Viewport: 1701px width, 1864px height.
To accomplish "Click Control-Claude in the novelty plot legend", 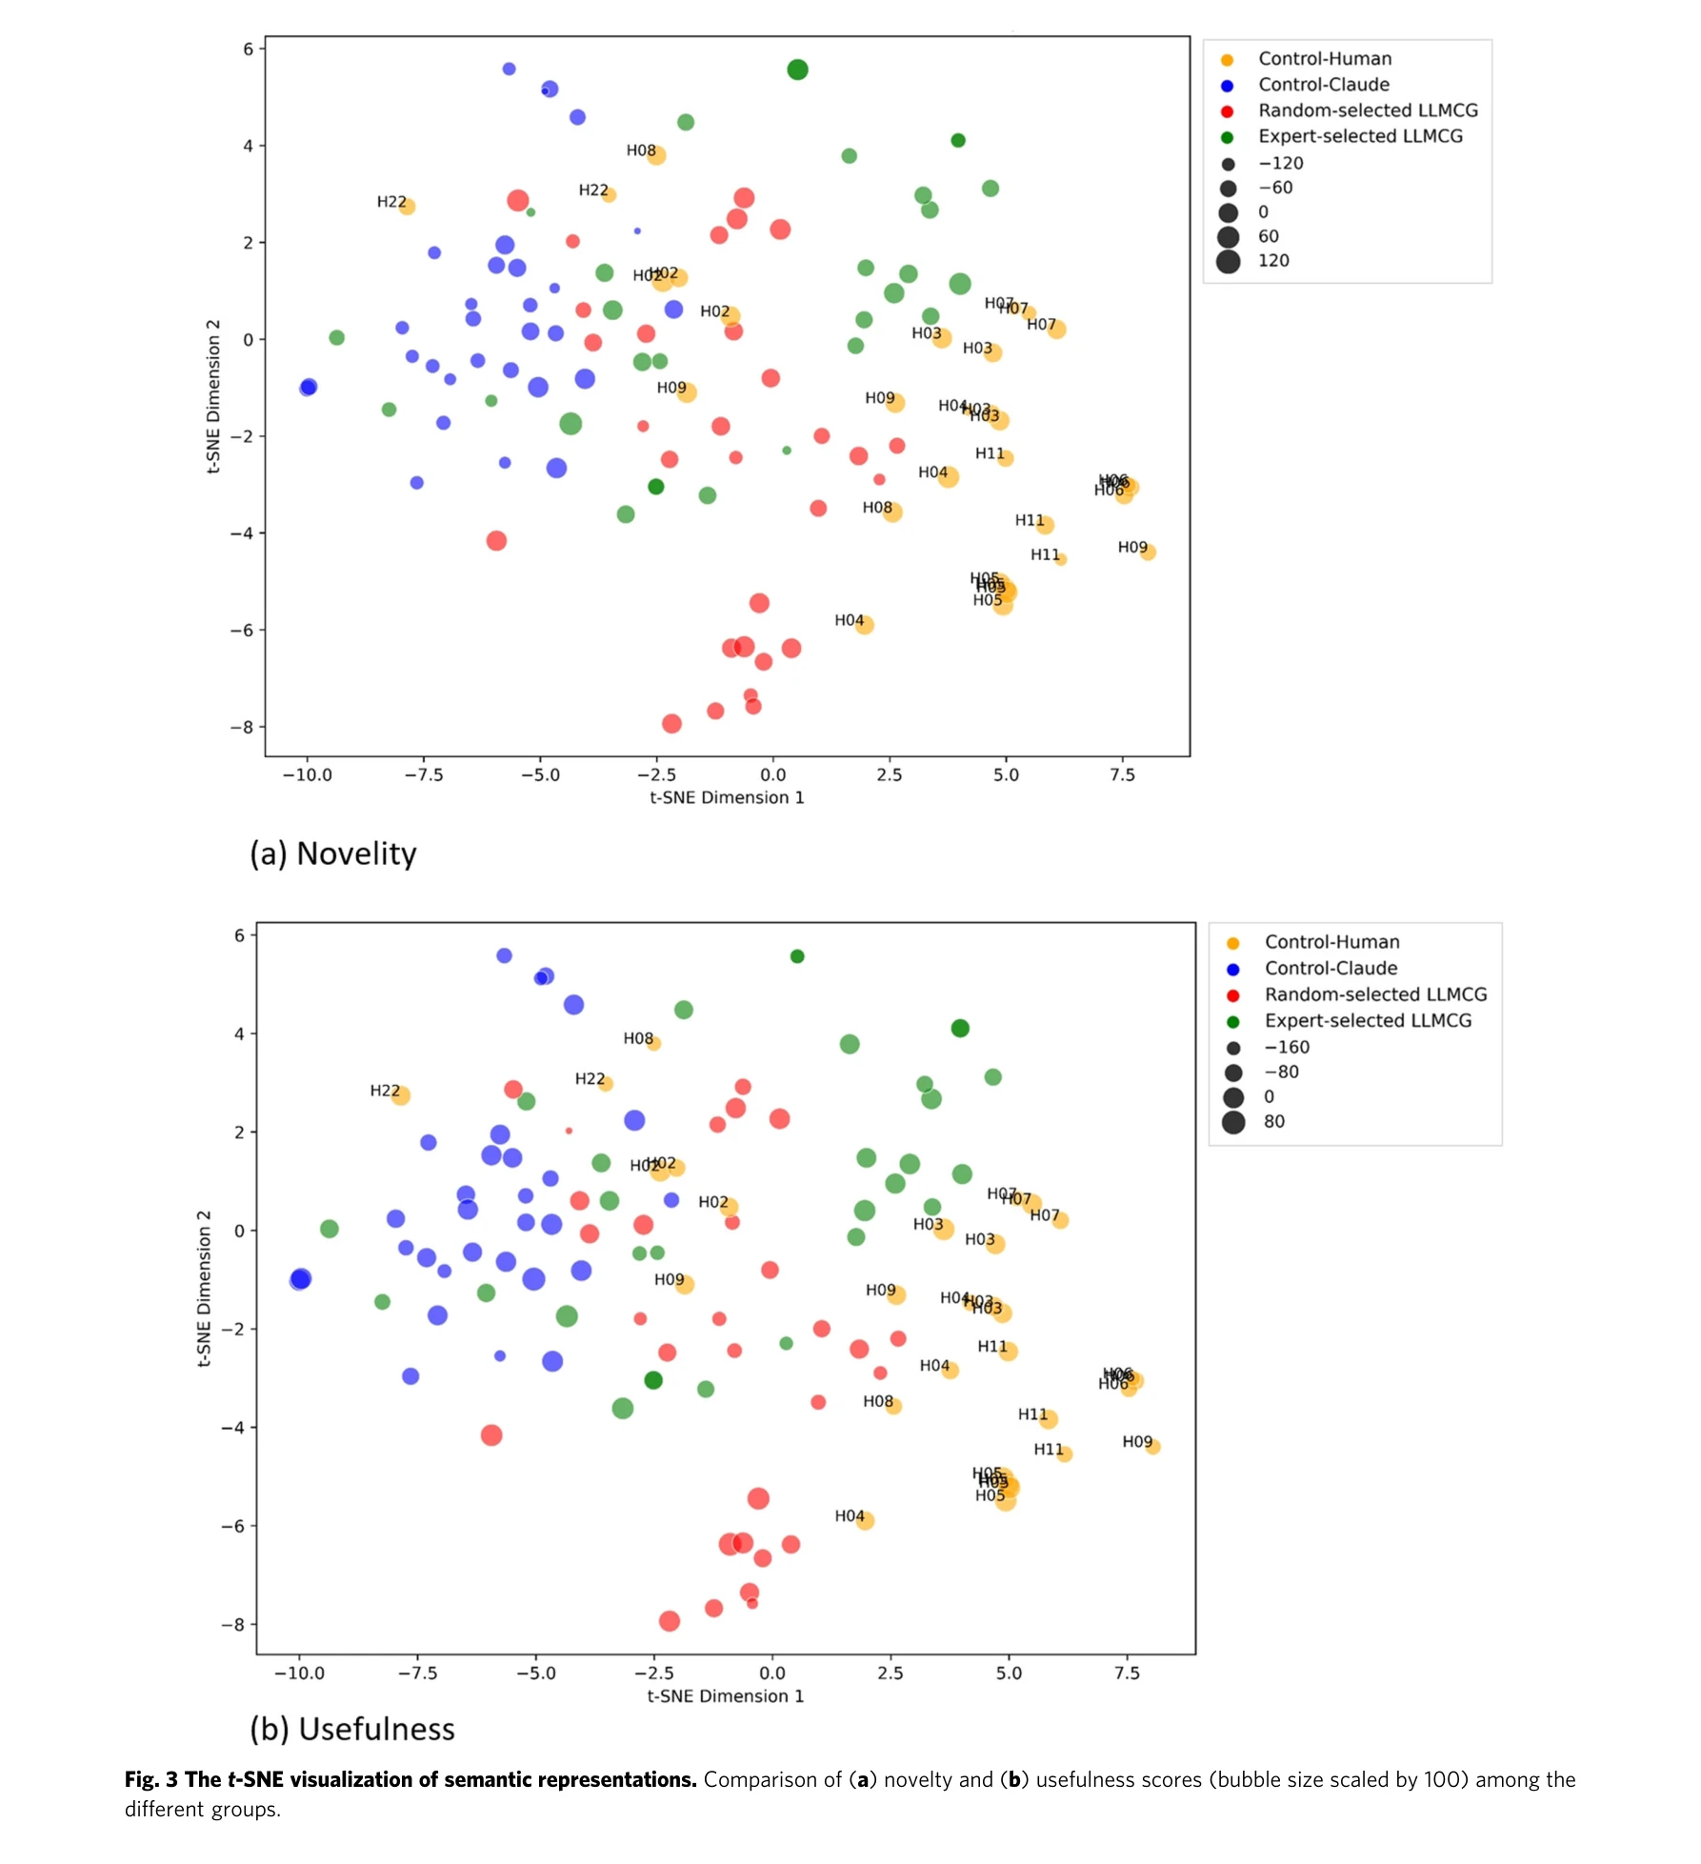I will [1323, 85].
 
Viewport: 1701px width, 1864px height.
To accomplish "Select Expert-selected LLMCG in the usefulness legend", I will [1367, 1020].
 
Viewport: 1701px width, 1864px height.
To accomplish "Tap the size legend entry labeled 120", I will [1272, 261].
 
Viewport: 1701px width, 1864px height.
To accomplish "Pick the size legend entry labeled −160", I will [1286, 1047].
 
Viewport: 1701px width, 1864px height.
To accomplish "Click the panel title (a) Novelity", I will [333, 853].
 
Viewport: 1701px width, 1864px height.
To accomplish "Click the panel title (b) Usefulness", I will [352, 1729].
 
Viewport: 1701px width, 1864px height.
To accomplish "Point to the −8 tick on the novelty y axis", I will [242, 727].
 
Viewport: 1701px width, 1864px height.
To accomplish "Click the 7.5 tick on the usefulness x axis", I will [1127, 1673].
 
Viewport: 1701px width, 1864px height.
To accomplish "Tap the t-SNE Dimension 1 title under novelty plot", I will [727, 798].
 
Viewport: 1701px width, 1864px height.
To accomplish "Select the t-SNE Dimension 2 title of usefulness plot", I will [204, 1288].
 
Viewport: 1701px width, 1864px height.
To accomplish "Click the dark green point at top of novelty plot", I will [798, 70].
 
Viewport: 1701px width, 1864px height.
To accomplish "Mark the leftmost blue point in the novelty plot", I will [308, 387].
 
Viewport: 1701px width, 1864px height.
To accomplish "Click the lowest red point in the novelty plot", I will [671, 724].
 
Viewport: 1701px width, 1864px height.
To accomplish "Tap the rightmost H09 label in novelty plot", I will [1132, 547].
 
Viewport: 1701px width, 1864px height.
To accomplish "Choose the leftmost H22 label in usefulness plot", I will [385, 1091].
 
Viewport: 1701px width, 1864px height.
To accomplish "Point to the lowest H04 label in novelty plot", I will [849, 620].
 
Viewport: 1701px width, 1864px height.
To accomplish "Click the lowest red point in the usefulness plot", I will [670, 1621].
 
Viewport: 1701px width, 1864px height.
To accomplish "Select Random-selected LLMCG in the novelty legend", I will [1368, 110].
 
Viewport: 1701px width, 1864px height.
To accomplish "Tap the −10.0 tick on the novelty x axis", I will [308, 775].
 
